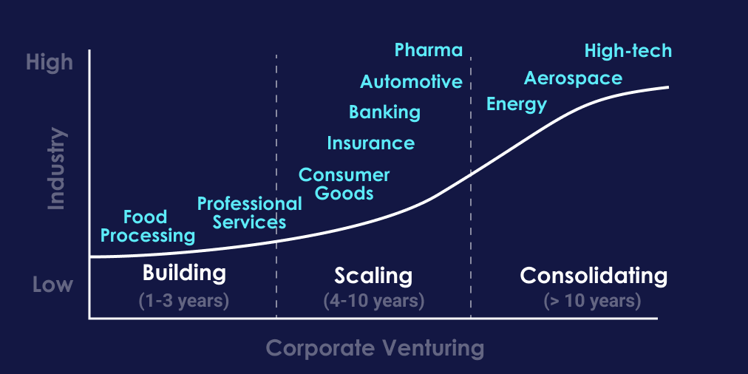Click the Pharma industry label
(429, 50)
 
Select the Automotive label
(411, 81)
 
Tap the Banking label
(384, 112)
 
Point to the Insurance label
(370, 143)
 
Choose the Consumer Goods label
(344, 184)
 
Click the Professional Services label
(249, 212)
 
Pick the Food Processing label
(147, 226)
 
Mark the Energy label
(517, 104)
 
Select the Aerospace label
(573, 78)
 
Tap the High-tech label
(628, 50)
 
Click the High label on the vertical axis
(50, 62)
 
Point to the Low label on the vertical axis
(52, 285)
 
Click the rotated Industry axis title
(56, 169)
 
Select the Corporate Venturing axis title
(375, 347)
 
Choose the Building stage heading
(184, 273)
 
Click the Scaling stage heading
(373, 276)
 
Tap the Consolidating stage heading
(594, 276)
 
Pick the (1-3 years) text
(184, 301)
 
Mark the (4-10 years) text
(373, 301)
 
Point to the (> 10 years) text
(592, 301)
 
